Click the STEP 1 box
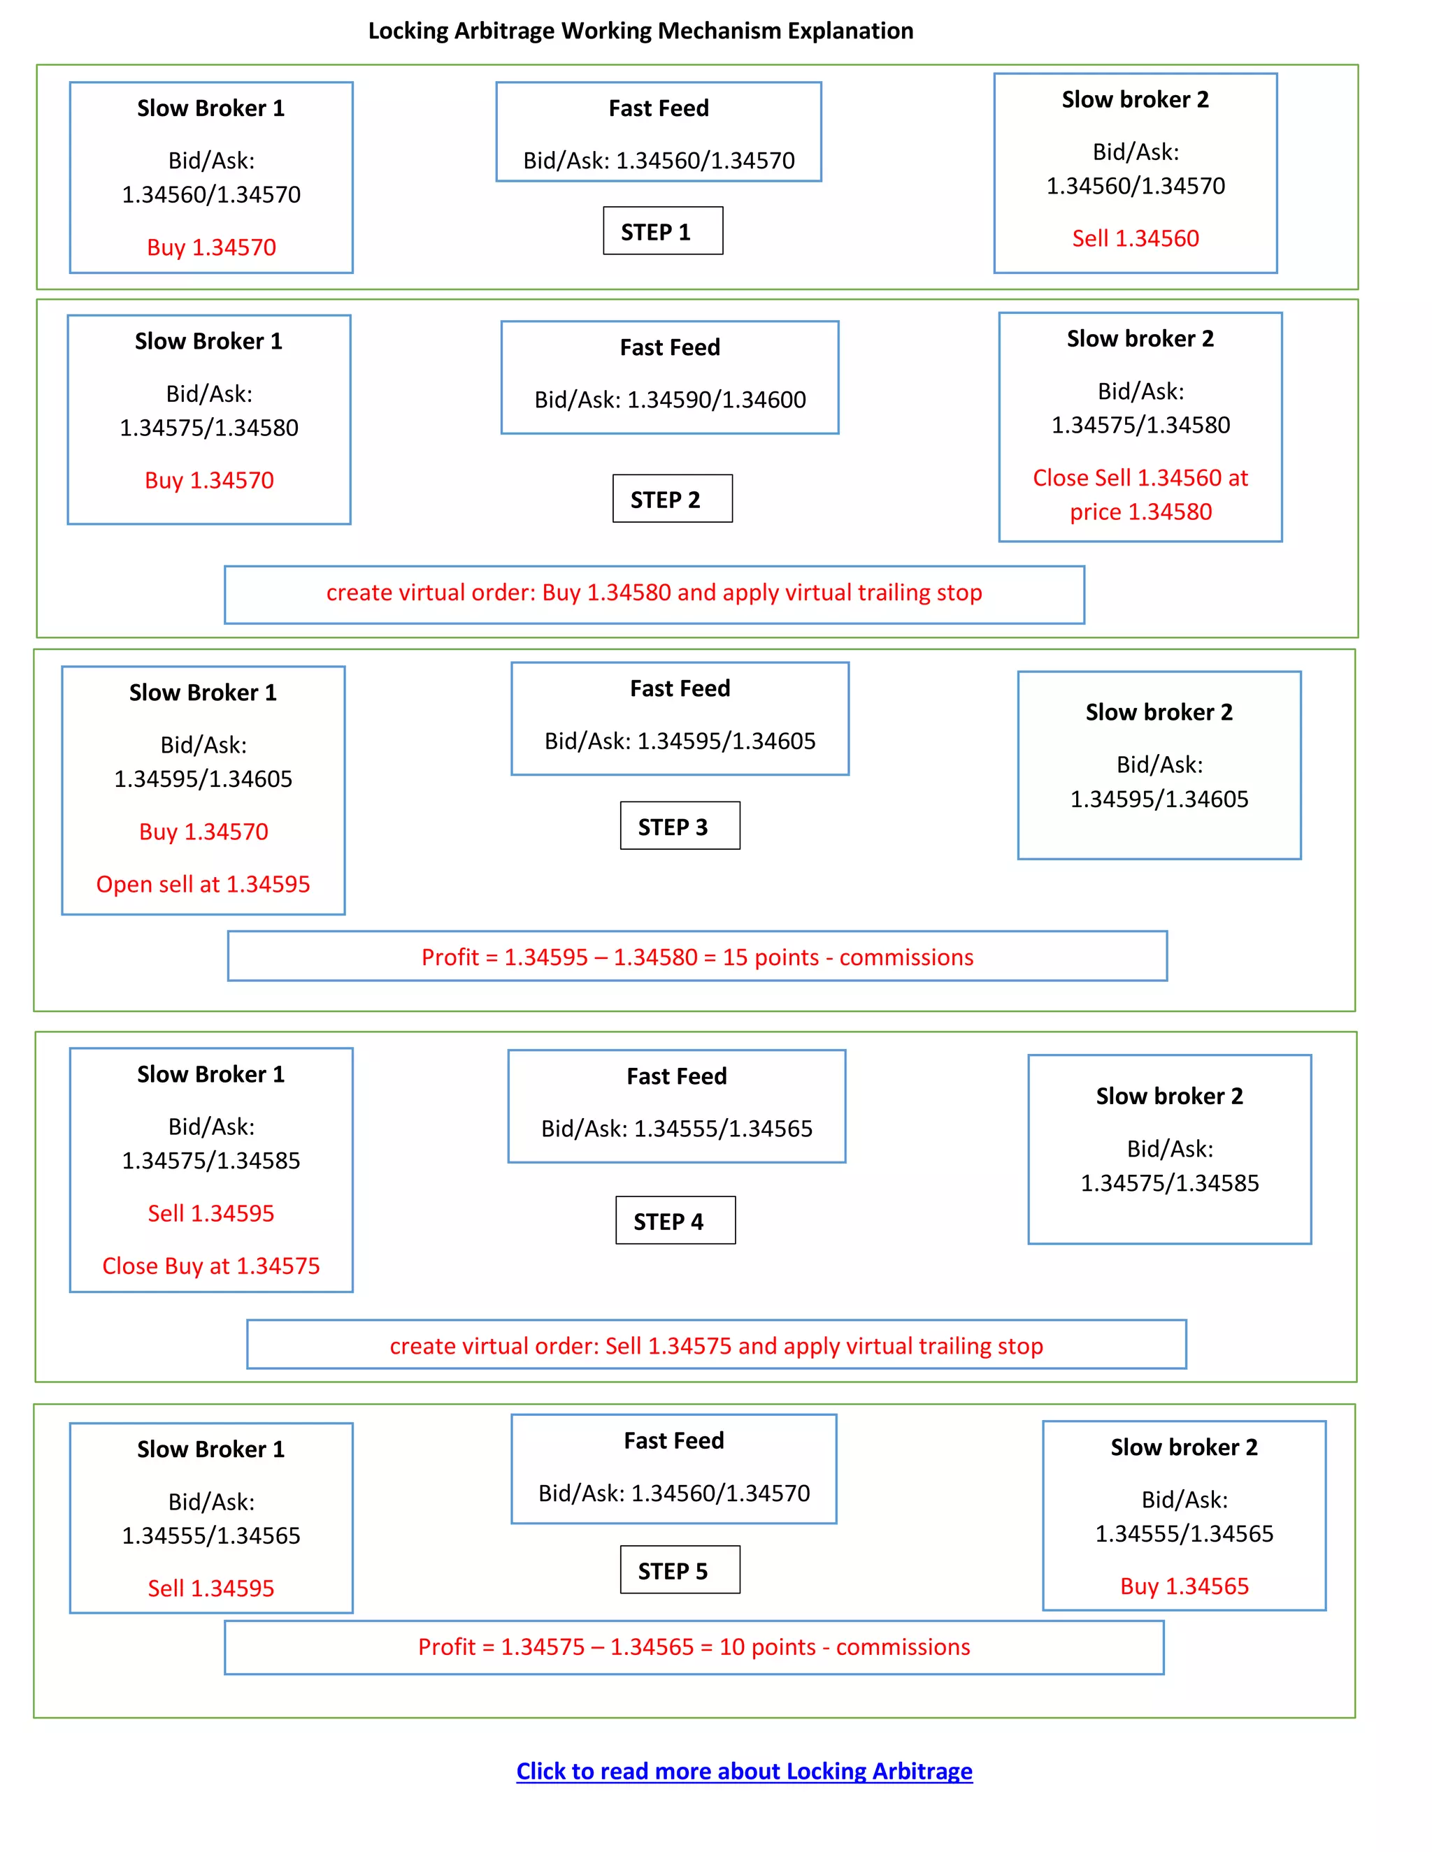(663, 231)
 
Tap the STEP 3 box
(680, 826)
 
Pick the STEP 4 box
(675, 1220)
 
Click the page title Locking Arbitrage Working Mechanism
(640, 31)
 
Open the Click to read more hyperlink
(744, 1771)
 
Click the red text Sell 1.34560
(1135, 238)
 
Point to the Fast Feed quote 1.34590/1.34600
(669, 399)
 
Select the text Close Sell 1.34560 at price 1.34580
(1140, 494)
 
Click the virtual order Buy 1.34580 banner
(654, 593)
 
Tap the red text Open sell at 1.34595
(203, 885)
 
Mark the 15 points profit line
(697, 957)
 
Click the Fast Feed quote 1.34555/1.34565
(676, 1129)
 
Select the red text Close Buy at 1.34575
(210, 1266)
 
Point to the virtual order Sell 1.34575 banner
(716, 1346)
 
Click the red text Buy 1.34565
(1184, 1586)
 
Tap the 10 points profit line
(694, 1647)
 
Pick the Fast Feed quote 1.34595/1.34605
(680, 741)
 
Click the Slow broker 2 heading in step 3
(1159, 712)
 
